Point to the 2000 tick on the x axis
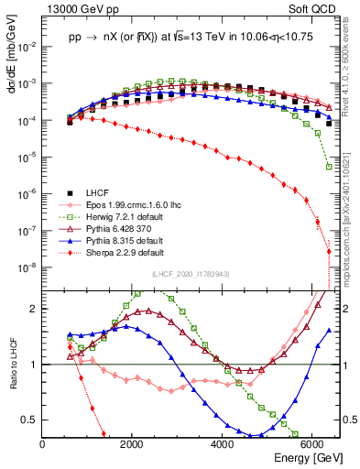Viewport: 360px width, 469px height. (133, 444)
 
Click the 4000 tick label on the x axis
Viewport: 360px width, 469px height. (223, 444)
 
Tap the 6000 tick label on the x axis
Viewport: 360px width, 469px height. (312, 444)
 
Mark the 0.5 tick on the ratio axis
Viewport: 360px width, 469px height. (30, 420)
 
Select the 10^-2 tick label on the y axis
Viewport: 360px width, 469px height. (27, 46)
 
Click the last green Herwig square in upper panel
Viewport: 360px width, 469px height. (328, 167)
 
